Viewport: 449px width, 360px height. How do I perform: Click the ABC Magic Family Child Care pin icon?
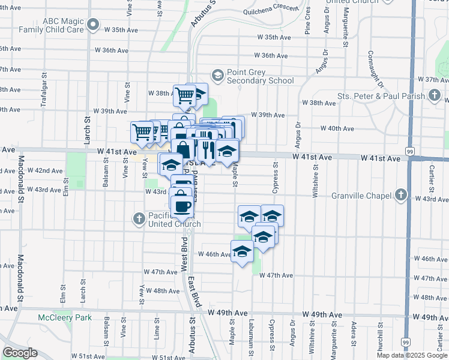[92, 25]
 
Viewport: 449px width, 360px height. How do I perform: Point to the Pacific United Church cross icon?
[139, 219]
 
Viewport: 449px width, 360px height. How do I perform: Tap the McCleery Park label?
[65, 317]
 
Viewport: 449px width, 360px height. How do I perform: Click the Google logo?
[20, 353]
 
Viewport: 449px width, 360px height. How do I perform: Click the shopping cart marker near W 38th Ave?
[184, 94]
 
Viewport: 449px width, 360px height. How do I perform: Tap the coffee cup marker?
[181, 205]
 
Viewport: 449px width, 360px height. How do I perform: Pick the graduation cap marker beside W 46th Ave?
[242, 251]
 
